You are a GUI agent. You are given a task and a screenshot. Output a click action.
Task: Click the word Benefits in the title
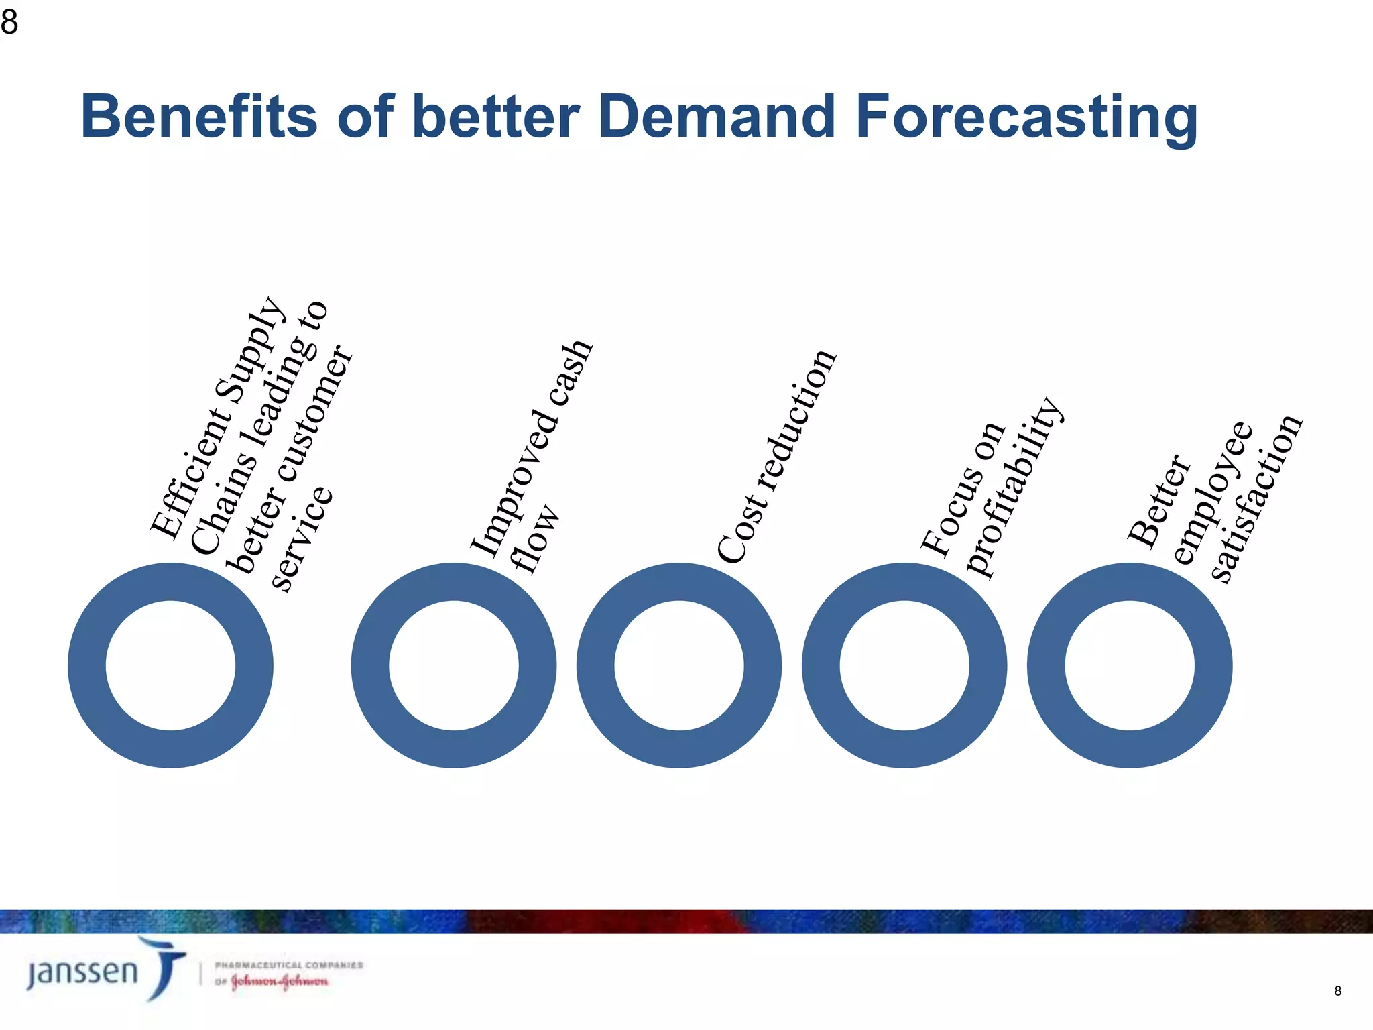click(198, 117)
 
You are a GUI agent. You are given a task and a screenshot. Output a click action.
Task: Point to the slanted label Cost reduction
click(776, 456)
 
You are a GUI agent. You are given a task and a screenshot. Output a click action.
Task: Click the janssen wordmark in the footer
click(82, 972)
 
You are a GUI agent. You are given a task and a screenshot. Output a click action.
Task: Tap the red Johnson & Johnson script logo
click(280, 982)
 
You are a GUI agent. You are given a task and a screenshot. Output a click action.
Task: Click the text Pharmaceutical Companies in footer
click(288, 965)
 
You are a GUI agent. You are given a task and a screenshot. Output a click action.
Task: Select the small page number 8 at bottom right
click(1337, 991)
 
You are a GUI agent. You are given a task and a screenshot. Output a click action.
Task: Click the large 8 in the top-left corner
click(9, 22)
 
